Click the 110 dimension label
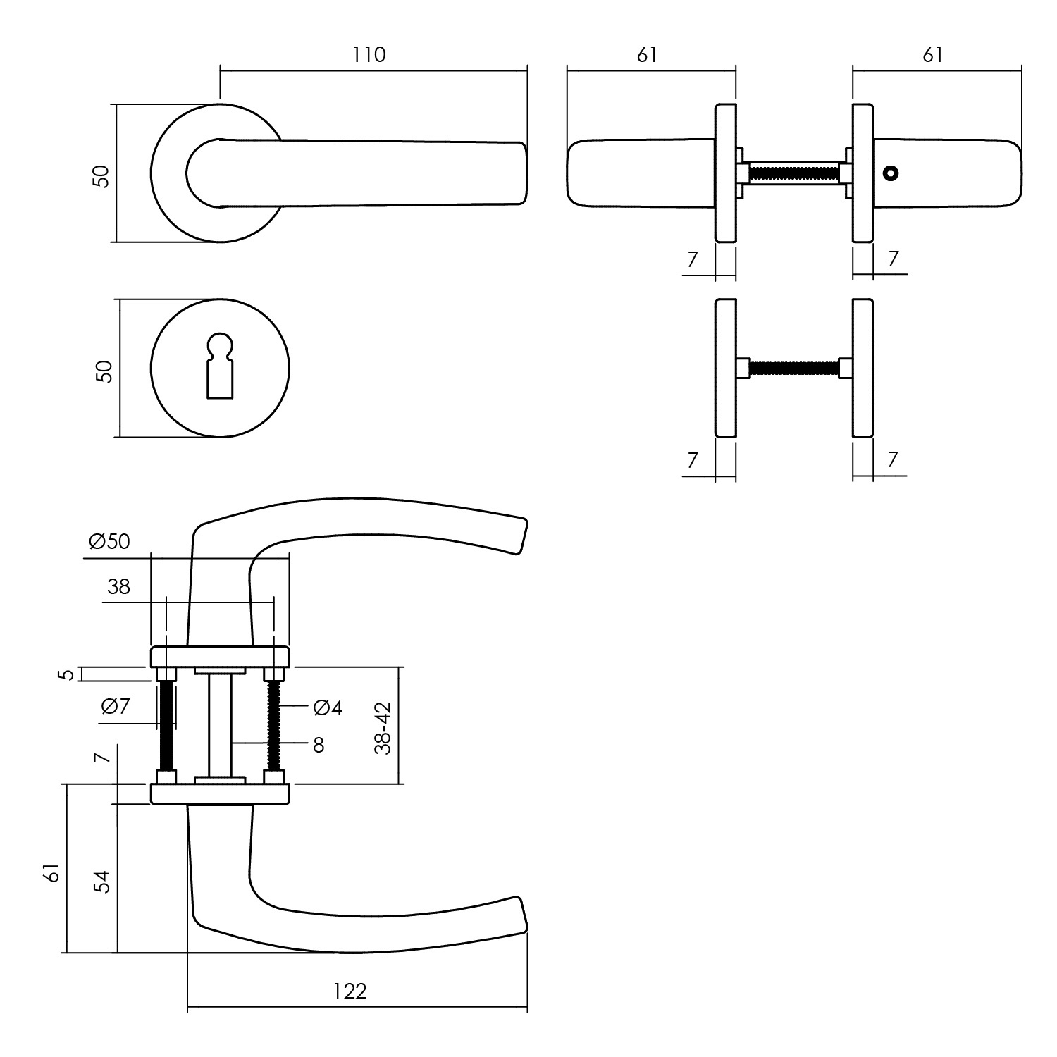(x=370, y=55)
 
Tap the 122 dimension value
(x=350, y=991)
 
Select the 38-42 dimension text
(x=383, y=728)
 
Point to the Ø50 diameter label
(x=110, y=541)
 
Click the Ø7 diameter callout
(x=116, y=706)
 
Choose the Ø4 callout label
(x=328, y=708)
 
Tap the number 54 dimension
(x=103, y=882)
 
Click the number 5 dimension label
(x=66, y=674)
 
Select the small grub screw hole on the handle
(x=891, y=173)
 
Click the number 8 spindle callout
(x=319, y=745)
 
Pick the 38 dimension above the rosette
(x=119, y=586)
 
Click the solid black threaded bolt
(x=167, y=726)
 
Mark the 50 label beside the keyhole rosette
(x=104, y=371)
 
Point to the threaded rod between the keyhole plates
(x=794, y=368)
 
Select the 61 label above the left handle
(x=646, y=55)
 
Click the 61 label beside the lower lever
(x=51, y=874)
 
